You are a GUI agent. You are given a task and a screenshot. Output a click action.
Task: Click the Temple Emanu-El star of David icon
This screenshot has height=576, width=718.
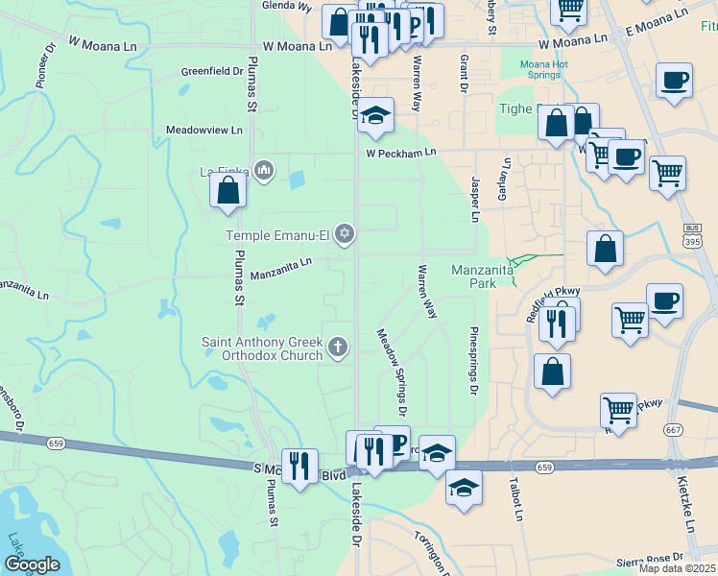tap(345, 234)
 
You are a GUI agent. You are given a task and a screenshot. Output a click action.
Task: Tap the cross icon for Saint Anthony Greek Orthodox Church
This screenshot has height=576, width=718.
tap(337, 348)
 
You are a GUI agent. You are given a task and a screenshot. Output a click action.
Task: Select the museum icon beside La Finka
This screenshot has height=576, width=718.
tap(265, 173)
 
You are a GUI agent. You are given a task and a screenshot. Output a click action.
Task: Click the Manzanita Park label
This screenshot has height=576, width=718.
tap(487, 276)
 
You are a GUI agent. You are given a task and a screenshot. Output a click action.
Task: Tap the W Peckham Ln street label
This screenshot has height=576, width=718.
tap(400, 153)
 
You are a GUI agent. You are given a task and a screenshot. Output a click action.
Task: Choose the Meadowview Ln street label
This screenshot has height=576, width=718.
tap(203, 129)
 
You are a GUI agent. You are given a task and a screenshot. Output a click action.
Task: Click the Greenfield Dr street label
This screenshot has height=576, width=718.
tap(212, 71)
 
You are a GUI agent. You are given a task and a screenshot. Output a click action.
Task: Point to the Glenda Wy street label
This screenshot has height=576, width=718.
tap(288, 6)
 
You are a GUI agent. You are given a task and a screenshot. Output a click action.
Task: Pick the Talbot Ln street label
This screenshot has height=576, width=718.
tap(516, 499)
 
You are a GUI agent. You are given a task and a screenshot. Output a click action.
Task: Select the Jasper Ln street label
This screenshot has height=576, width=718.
tap(474, 199)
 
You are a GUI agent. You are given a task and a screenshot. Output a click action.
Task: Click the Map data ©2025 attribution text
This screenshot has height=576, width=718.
tap(677, 568)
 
